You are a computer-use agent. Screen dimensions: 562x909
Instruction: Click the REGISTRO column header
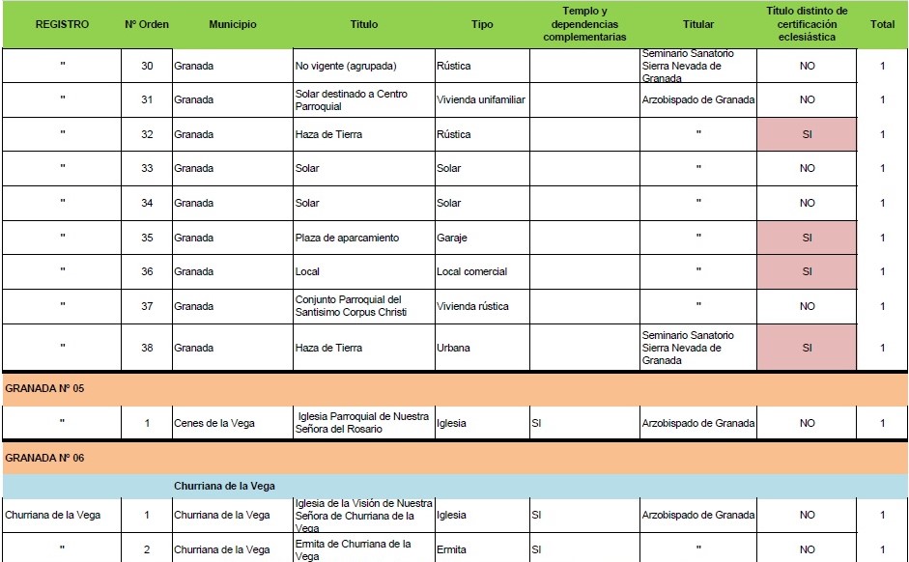tap(62, 24)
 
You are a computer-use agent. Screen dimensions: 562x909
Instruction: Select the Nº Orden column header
tap(147, 24)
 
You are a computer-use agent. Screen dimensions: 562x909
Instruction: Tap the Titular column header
tap(697, 24)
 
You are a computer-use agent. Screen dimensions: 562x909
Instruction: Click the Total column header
tap(882, 24)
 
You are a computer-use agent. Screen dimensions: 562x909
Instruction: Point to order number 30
tap(147, 66)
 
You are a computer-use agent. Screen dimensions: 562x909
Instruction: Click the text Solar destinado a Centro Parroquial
tap(351, 99)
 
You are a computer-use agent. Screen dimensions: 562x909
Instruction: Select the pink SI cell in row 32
tap(807, 134)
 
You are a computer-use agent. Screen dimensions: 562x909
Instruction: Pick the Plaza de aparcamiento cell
tap(347, 238)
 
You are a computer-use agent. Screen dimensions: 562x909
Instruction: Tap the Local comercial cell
tap(471, 271)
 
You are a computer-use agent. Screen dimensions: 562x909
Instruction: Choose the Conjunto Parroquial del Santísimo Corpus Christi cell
tap(348, 306)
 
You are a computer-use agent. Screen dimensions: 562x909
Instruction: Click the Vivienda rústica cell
tap(473, 306)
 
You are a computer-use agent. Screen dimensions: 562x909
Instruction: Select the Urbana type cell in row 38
tap(454, 348)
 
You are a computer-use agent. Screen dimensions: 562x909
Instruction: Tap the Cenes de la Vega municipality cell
tap(214, 423)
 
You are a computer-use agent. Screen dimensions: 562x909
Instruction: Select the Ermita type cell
tap(451, 549)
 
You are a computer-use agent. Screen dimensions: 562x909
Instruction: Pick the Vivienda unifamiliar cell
tap(481, 99)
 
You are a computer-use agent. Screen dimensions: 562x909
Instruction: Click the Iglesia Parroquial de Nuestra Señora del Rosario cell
tap(362, 423)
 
